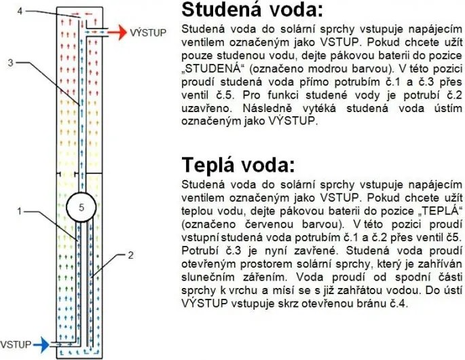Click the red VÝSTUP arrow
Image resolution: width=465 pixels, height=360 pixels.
click(117, 32)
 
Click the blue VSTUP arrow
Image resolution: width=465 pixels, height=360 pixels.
click(41, 344)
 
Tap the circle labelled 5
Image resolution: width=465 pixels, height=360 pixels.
click(81, 207)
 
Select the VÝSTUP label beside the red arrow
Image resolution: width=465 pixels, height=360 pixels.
click(148, 32)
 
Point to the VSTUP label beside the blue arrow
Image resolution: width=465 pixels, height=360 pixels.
click(16, 345)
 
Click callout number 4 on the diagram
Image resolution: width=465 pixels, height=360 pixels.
click(20, 11)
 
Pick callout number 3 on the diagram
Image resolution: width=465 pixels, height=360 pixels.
click(10, 62)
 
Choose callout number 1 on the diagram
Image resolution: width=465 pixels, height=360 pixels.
click(19, 211)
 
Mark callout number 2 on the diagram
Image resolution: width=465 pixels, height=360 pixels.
click(130, 255)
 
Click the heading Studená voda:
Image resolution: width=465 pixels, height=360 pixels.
click(252, 10)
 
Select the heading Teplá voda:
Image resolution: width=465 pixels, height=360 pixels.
click(238, 164)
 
